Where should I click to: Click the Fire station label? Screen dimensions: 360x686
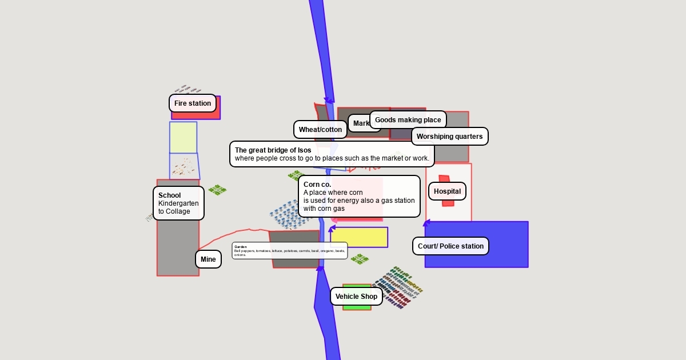[x=193, y=103]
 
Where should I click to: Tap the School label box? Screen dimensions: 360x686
[x=178, y=203]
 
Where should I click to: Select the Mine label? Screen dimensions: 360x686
[x=208, y=259]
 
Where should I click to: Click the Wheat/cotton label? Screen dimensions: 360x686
[x=320, y=130]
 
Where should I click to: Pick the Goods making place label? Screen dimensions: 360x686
[x=408, y=120]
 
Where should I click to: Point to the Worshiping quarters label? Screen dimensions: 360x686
[x=449, y=137]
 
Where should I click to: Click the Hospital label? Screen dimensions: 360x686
[x=447, y=191]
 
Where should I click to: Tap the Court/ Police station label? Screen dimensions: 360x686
[x=450, y=246]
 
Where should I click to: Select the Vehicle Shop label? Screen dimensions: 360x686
[x=356, y=297]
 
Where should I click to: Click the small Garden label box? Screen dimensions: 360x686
[x=289, y=250]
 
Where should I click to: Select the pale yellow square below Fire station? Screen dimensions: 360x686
[x=183, y=137]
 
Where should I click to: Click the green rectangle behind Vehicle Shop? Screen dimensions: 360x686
[x=357, y=307]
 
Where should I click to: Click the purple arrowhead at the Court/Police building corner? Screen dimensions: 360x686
[x=426, y=223]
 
